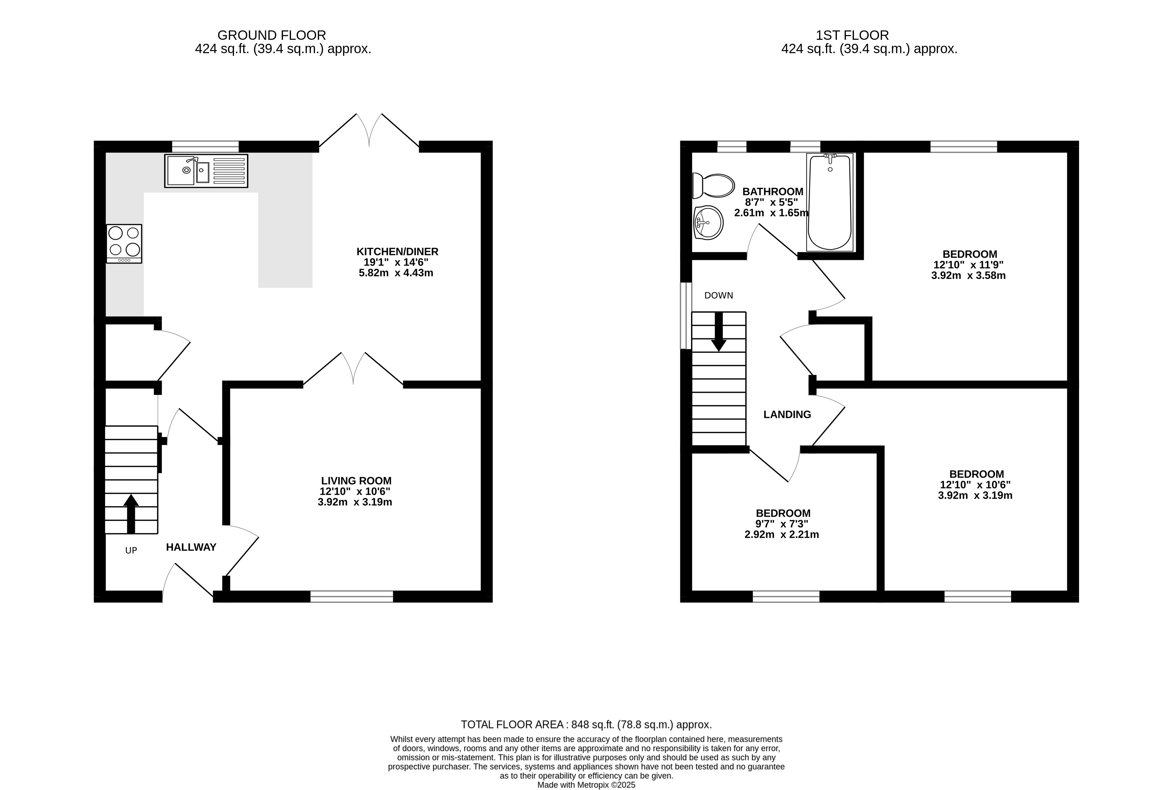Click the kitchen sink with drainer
[206, 171]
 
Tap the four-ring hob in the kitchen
[124, 244]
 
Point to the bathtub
[830, 202]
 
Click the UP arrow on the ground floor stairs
[131, 514]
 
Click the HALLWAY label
[191, 547]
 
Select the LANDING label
[787, 415]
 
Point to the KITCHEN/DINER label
[397, 251]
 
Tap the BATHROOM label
[773, 192]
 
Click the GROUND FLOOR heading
[272, 35]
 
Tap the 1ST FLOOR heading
[852, 35]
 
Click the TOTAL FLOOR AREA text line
[586, 724]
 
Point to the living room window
[352, 596]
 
